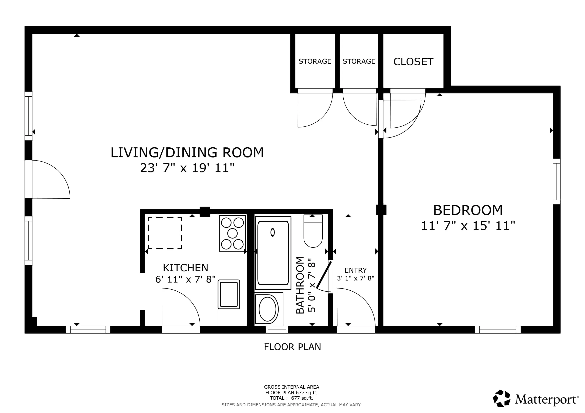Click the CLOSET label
tap(413, 62)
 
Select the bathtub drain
tap(272, 233)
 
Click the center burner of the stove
tap(232, 233)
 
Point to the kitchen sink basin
tap(229, 294)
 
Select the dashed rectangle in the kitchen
tap(165, 233)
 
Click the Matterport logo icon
tap(501, 398)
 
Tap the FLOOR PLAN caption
tap(292, 347)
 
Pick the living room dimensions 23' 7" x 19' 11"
tap(187, 168)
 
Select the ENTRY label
tap(356, 270)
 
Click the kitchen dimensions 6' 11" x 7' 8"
tap(185, 279)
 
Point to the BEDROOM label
tap(468, 210)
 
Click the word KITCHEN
tap(185, 268)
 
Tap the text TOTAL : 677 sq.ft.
tap(291, 398)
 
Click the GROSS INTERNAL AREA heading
tap(291, 387)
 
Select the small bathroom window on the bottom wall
tap(277, 330)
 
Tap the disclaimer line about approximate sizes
tap(291, 405)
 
